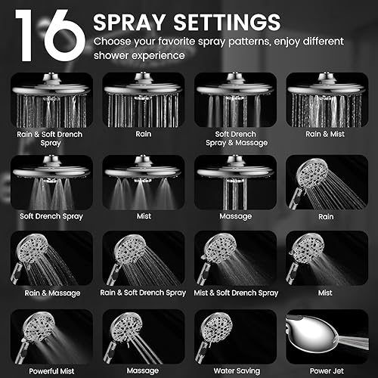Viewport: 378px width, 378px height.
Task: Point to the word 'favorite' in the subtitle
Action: coord(191,40)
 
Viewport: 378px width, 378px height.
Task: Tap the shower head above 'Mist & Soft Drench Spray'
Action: coord(219,249)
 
